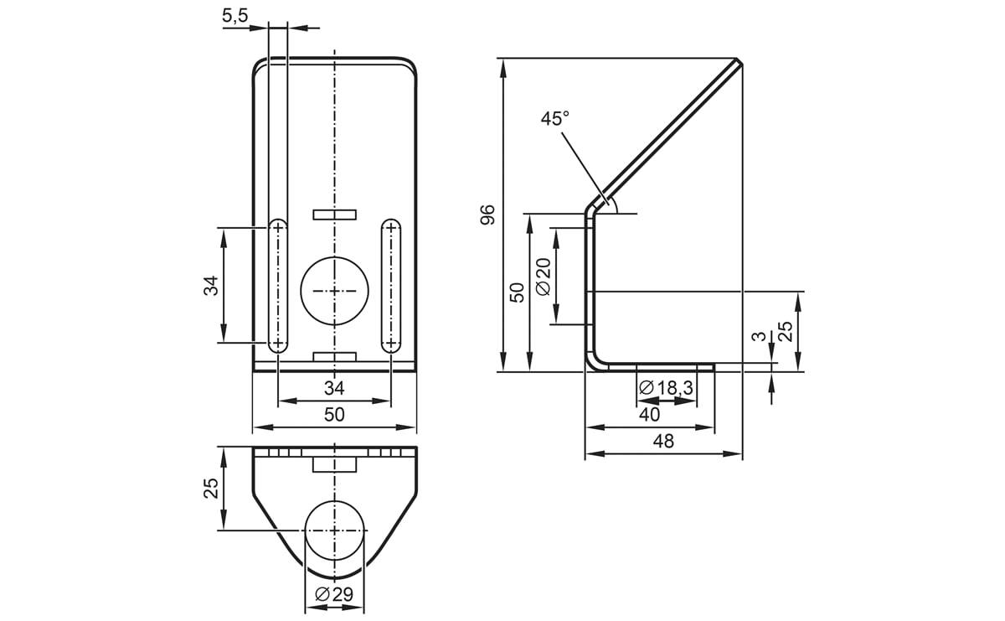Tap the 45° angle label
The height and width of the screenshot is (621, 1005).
click(554, 119)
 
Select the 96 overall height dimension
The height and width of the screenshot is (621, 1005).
click(488, 215)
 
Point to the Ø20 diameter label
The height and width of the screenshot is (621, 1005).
click(542, 276)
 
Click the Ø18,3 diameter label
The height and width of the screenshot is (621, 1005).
click(666, 388)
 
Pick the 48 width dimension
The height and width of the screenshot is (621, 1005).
click(662, 442)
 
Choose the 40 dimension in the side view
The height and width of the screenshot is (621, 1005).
click(649, 414)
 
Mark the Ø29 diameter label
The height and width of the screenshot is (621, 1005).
click(334, 595)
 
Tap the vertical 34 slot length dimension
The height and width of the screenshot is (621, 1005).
click(211, 285)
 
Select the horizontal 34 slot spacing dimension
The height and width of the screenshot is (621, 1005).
click(334, 388)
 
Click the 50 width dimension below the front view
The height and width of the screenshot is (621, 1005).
click(334, 414)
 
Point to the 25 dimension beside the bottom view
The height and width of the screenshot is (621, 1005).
click(211, 488)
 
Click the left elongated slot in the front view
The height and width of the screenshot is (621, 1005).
click(278, 286)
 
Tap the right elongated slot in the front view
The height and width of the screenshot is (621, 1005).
click(390, 286)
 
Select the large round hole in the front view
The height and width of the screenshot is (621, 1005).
click(334, 291)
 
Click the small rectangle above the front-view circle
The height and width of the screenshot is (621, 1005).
click(334, 215)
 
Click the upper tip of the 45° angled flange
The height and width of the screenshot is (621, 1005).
click(738, 62)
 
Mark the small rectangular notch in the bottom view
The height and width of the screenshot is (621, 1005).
click(334, 463)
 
